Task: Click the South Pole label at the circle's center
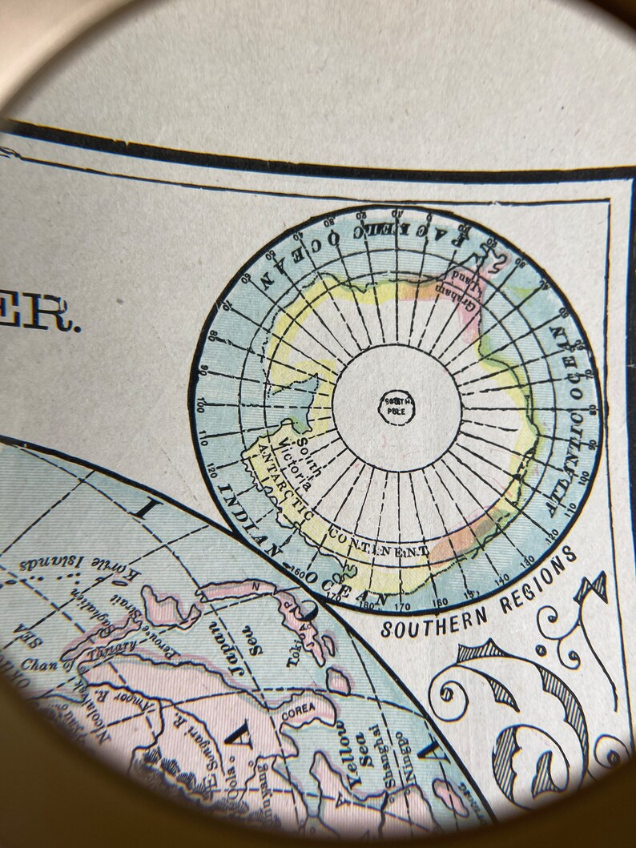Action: tap(396, 406)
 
